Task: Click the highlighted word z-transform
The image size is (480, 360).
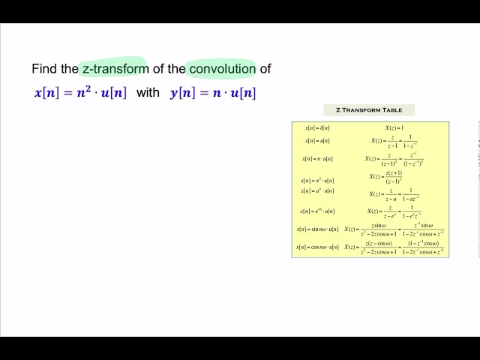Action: coord(115,69)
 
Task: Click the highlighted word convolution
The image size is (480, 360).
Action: coord(222,69)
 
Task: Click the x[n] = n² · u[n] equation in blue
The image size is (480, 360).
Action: coord(80,93)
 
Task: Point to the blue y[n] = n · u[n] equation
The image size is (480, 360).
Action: coord(213,93)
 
